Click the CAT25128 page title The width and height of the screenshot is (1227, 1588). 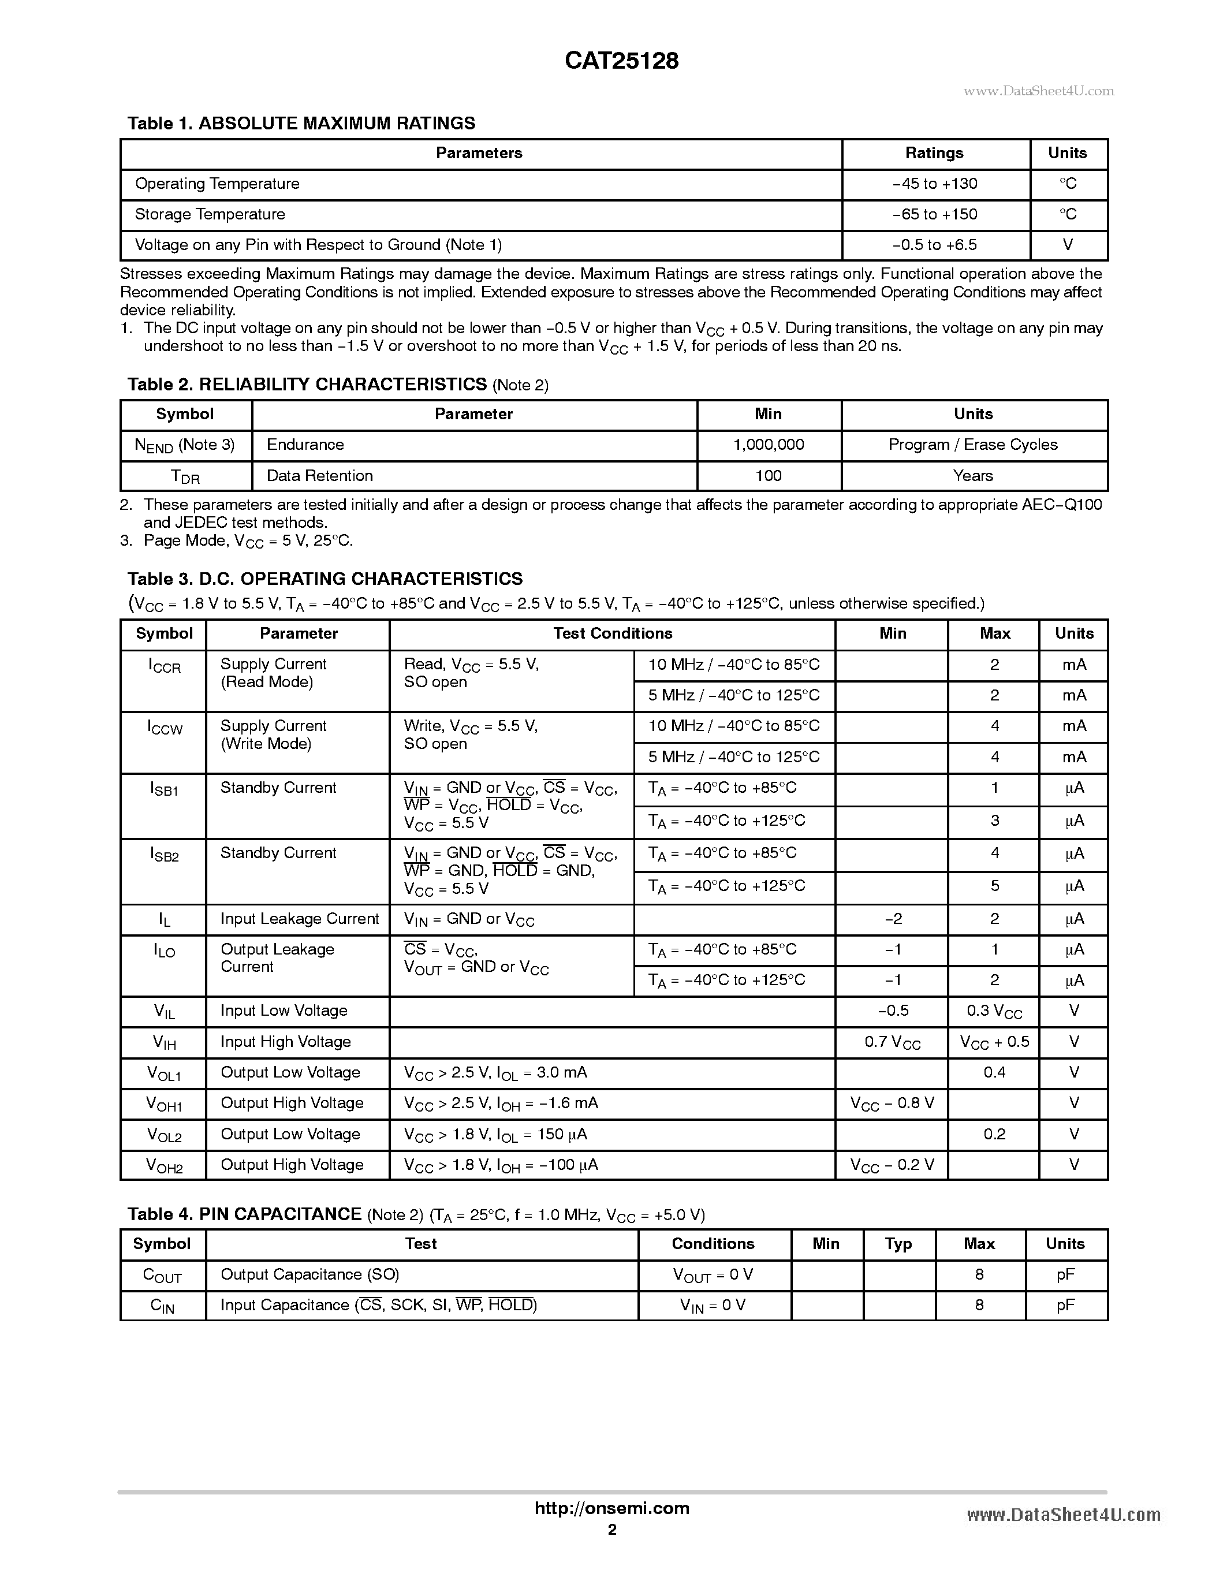(x=621, y=61)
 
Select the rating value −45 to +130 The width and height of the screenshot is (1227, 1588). (x=934, y=184)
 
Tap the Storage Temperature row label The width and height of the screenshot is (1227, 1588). (x=210, y=214)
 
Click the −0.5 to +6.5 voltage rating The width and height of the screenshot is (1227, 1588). (x=934, y=245)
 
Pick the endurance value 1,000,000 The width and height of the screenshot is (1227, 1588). (x=769, y=445)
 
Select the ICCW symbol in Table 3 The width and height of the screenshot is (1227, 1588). (x=165, y=727)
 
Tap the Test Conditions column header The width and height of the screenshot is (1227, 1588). (x=612, y=634)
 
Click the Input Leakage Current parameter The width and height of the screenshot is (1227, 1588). (x=300, y=919)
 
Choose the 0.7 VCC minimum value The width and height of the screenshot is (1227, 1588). (x=892, y=1043)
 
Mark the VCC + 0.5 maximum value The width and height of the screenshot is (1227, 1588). (x=994, y=1043)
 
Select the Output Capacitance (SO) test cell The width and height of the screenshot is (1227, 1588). (x=309, y=1274)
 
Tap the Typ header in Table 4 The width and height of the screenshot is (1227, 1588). (x=898, y=1244)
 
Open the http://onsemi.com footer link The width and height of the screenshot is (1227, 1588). (x=611, y=1509)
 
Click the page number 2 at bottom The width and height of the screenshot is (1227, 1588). (x=612, y=1530)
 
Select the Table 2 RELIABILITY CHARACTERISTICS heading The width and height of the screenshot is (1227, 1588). (x=307, y=385)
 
